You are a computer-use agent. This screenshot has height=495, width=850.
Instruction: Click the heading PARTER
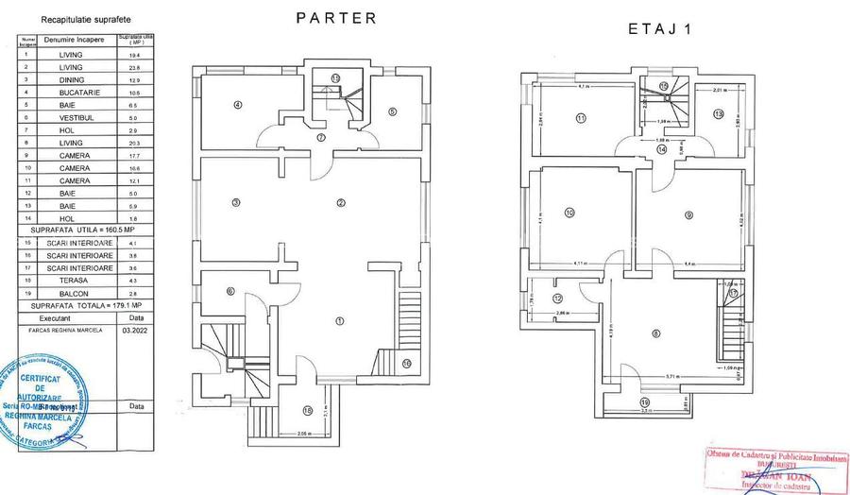336,17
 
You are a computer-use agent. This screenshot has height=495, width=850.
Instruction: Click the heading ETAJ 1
660,28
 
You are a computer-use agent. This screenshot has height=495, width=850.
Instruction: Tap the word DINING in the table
71,79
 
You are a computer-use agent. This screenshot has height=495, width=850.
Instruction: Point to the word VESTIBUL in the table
73,117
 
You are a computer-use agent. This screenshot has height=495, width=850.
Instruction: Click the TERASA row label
72,281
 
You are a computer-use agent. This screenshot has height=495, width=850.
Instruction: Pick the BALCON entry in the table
72,294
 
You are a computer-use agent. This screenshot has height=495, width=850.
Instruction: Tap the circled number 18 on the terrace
307,410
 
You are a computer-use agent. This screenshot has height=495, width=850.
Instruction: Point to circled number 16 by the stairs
407,363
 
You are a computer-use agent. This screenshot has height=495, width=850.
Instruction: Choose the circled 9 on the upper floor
690,215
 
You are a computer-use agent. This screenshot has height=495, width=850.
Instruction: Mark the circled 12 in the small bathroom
556,298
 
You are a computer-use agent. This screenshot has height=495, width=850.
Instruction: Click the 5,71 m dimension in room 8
671,377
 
